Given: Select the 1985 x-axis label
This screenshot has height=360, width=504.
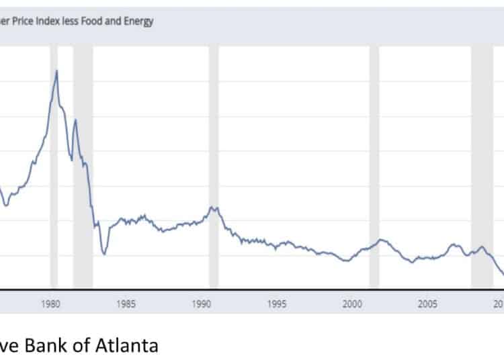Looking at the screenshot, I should point(126,304).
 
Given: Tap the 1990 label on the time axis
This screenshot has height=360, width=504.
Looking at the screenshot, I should point(202,304).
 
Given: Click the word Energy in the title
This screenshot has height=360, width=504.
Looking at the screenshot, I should point(136,21).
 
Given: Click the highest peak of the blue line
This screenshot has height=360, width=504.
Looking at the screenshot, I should point(56,71).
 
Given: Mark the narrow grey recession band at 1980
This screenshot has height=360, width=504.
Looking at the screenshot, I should point(54,168).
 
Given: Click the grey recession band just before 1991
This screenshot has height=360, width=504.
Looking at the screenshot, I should point(214,168).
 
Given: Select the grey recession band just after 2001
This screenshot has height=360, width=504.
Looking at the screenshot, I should point(374,168).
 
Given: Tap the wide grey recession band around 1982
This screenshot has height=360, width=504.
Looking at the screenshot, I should point(83,168).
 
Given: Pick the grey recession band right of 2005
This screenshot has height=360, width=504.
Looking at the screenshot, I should point(482,168).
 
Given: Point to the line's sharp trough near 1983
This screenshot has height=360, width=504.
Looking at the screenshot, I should point(104,254).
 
